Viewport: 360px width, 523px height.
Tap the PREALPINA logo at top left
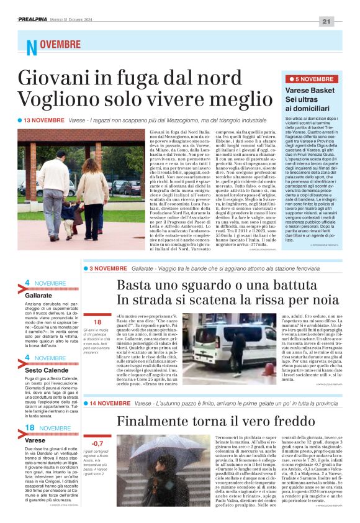click(36, 20)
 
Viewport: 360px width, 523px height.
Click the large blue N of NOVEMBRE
click(31, 47)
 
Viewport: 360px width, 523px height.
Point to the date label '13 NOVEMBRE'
click(44, 119)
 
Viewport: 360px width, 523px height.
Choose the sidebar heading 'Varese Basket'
click(305, 91)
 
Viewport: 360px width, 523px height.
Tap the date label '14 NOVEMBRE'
click(109, 403)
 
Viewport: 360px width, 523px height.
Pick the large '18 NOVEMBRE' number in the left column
click(29, 411)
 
